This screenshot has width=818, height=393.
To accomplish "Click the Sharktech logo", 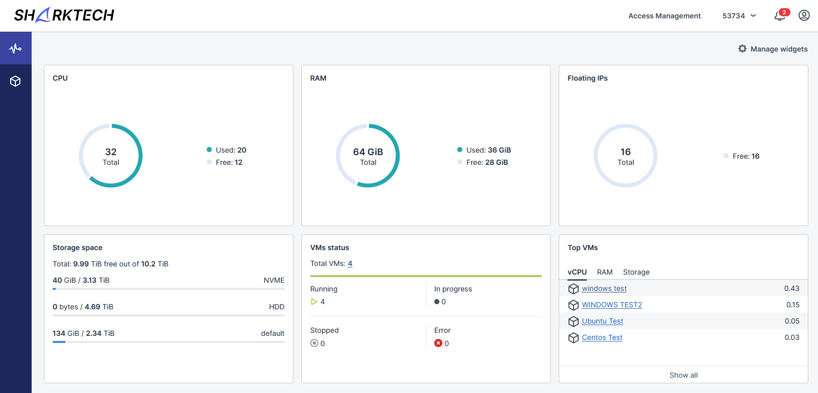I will (x=64, y=15).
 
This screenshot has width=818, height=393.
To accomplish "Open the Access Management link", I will (x=664, y=16).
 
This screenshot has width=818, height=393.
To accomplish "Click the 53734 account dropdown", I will (x=739, y=16).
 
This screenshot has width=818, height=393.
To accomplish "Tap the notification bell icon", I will (x=780, y=16).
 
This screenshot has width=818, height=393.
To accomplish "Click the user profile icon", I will (x=804, y=15).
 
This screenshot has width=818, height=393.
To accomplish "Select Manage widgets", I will (x=773, y=49).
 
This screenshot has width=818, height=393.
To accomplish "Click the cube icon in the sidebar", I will (x=15, y=81).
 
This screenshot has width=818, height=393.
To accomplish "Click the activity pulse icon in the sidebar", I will (x=15, y=48).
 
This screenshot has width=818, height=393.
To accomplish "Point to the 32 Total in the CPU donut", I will (x=111, y=156).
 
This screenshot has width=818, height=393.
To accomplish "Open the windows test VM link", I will (x=604, y=288).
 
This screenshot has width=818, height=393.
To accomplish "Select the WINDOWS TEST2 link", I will (x=612, y=305).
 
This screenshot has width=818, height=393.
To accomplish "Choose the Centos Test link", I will (x=602, y=337).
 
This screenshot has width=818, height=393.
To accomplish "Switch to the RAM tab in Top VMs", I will (x=605, y=272).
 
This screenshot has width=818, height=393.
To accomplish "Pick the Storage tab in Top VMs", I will (x=636, y=272).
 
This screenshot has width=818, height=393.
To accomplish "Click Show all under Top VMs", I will (x=683, y=375).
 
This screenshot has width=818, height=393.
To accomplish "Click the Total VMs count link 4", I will (x=350, y=264).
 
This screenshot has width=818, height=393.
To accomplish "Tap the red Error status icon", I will (x=438, y=343).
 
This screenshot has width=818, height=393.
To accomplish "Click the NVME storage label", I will (x=274, y=280).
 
